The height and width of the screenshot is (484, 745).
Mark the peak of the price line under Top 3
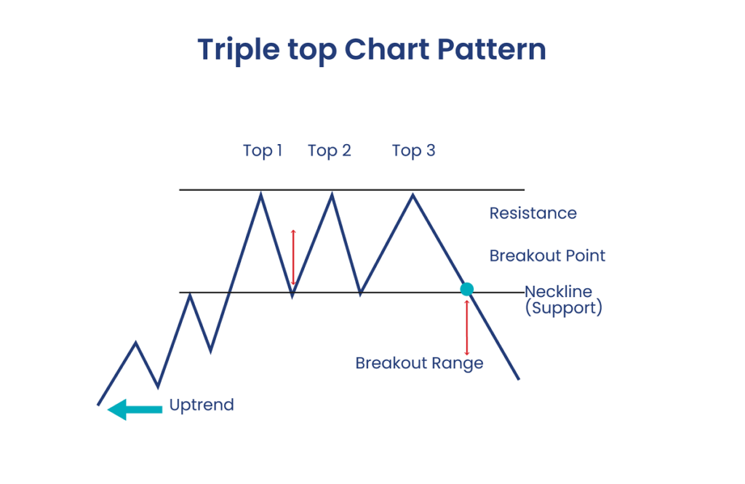[x=413, y=194]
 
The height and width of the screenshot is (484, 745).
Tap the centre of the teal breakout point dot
[x=467, y=289]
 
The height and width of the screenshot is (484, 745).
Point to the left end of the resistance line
[x=180, y=190]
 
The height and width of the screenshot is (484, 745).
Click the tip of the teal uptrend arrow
[x=108, y=410]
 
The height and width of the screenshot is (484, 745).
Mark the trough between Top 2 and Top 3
[x=361, y=295]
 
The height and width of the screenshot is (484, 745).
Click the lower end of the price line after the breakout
[x=519, y=379]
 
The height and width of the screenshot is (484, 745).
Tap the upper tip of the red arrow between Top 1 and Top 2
[x=294, y=230]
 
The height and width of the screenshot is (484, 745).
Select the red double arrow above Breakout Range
[x=466, y=328]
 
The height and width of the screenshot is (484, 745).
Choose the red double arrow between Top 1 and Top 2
[x=294, y=257]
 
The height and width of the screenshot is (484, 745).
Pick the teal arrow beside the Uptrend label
[x=135, y=410]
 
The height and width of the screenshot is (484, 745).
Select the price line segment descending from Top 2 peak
[x=346, y=245]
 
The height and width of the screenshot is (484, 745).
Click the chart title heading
[x=372, y=50]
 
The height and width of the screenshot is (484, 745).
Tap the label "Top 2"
[x=330, y=151]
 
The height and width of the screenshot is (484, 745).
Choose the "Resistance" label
[x=533, y=213]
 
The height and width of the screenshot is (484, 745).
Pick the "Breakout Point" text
[x=547, y=255]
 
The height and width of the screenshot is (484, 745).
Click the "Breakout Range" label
[x=420, y=363]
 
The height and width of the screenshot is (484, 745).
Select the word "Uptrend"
[x=202, y=405]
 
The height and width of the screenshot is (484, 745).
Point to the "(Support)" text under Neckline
[x=564, y=308]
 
